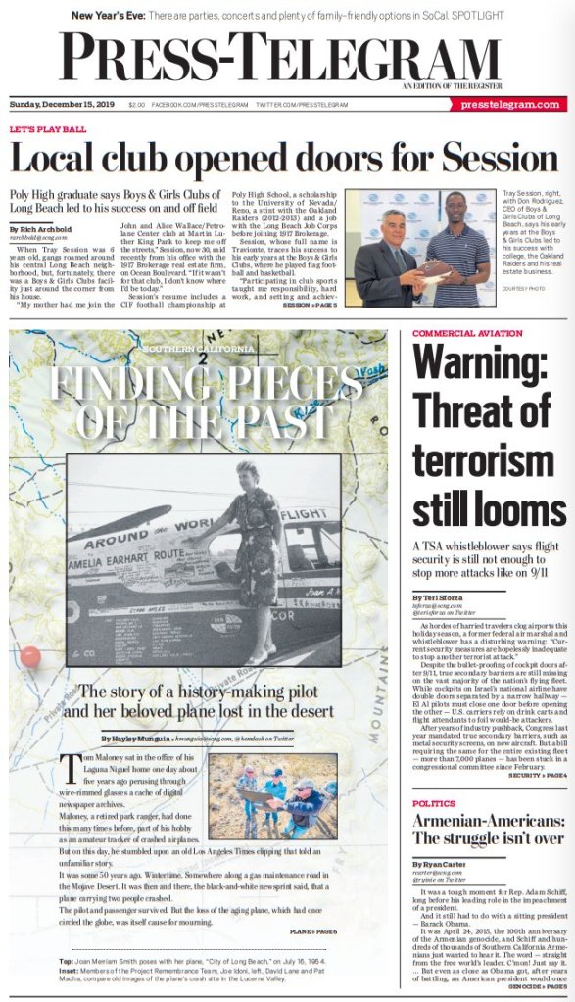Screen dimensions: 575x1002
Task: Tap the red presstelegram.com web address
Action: [510, 104]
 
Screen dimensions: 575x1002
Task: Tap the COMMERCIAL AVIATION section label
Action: [467, 334]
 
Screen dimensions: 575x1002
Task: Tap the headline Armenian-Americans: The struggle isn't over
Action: [487, 829]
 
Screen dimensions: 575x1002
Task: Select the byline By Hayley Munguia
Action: [136, 738]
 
